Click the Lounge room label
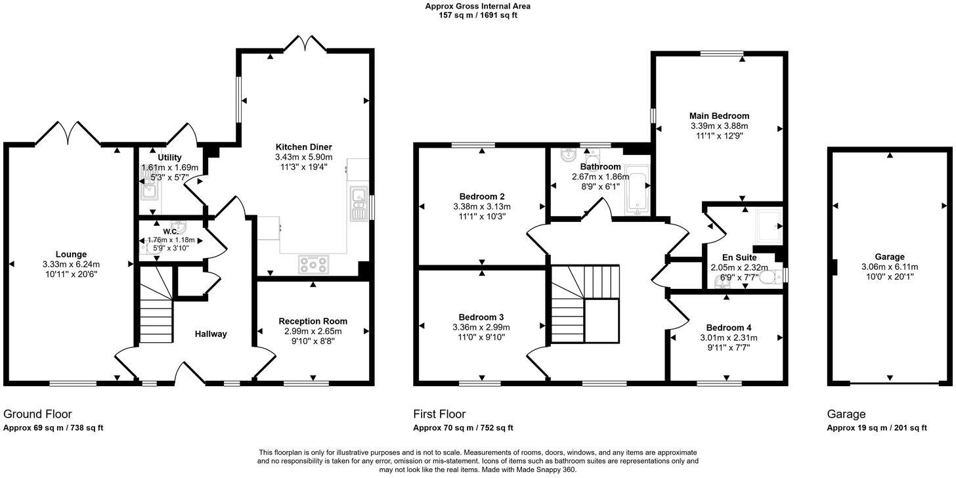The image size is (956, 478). click(x=71, y=254)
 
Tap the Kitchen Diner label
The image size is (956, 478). click(x=303, y=146)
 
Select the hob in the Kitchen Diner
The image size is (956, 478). click(x=313, y=264)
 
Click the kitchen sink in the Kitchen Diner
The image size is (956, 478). click(x=358, y=203)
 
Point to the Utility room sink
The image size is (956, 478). click(x=147, y=191)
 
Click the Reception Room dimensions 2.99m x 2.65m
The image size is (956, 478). click(x=313, y=332)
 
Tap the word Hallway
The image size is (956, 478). click(x=211, y=334)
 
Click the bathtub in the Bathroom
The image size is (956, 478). click(x=637, y=190)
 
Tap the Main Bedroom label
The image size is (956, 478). click(x=719, y=116)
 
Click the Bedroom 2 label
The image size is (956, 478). click(x=482, y=196)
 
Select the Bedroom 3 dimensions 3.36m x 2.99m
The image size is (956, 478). click(x=482, y=327)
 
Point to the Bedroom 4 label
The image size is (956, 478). click(x=729, y=327)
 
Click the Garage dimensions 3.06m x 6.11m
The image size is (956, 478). click(x=890, y=267)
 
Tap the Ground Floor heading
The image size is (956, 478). click(x=37, y=414)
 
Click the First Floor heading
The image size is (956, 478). click(x=439, y=414)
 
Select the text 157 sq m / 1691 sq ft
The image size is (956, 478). click(x=478, y=15)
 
